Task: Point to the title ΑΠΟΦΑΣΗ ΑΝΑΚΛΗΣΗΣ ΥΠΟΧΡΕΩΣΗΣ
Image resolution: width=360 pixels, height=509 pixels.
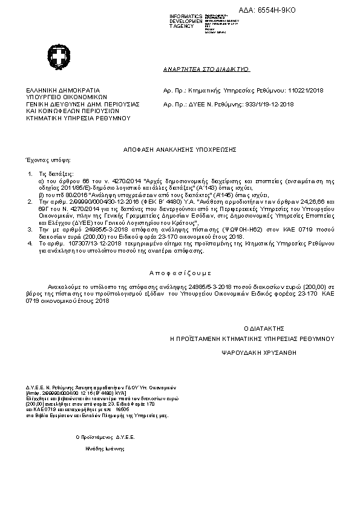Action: pos(179,148)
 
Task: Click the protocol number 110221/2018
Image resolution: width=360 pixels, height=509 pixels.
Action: pos(306,90)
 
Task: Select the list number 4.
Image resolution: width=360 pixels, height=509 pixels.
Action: pos(30,243)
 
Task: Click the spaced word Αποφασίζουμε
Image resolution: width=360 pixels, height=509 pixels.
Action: pos(180,273)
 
